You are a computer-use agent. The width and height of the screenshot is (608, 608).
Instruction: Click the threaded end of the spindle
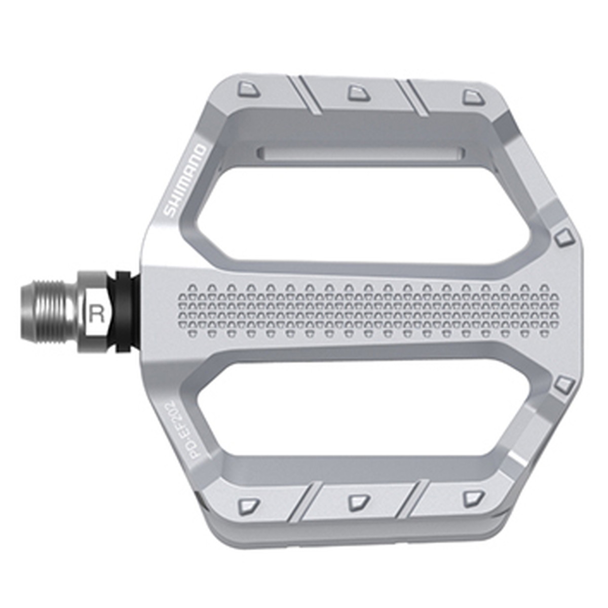(x=50, y=312)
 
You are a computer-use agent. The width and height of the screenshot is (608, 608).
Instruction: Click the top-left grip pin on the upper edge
(x=248, y=89)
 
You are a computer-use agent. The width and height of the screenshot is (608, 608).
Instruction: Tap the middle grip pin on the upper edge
(x=359, y=93)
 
